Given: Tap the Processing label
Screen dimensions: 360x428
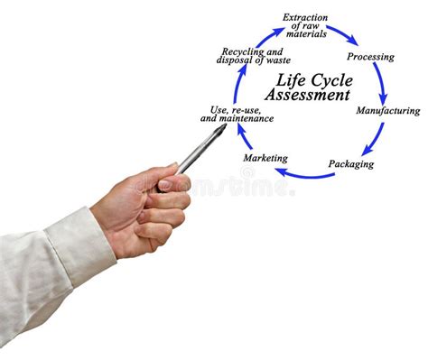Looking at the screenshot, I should pos(370,57).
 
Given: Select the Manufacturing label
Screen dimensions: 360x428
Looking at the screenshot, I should pos(387,111).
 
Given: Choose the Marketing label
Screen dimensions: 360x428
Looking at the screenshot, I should pos(265,158).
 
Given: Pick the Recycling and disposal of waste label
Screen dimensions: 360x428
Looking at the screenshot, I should pos(254,56).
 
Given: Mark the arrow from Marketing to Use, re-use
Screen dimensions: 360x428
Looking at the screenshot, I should pos(244,139).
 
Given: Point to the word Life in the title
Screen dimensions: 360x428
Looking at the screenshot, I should pos(281,78).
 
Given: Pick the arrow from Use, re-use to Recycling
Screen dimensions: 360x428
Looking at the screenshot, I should pos(237,85).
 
